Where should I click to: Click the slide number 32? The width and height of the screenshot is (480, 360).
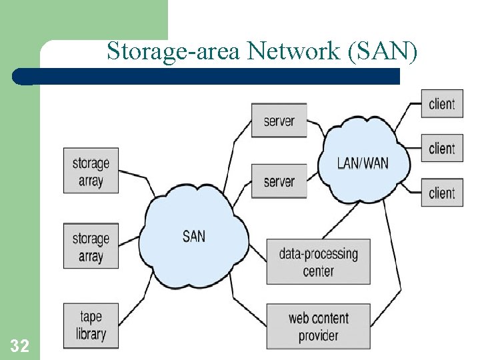(19, 345)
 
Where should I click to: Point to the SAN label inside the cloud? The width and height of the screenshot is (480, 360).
(194, 235)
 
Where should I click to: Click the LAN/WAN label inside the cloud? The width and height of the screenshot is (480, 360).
(363, 163)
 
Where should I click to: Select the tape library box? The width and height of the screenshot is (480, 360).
(91, 325)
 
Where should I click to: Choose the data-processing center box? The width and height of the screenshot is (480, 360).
(318, 262)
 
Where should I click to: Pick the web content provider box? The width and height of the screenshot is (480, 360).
(318, 327)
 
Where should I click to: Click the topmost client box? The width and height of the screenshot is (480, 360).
(441, 104)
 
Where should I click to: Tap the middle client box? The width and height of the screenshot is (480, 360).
(441, 148)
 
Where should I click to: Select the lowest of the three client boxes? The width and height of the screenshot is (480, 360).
(441, 193)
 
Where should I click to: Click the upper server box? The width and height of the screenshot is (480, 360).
(279, 121)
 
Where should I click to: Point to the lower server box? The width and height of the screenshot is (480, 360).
(279, 181)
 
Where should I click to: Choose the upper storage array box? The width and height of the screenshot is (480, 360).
(91, 171)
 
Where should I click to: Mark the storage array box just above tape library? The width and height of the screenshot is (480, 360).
(91, 247)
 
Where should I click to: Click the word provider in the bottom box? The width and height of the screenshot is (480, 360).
(318, 335)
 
